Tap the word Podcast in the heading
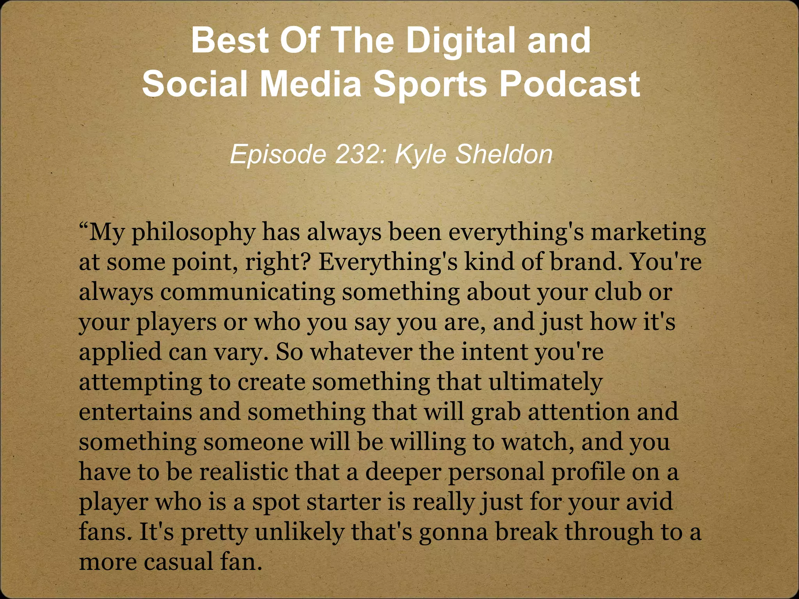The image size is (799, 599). pyautogui.click(x=570, y=84)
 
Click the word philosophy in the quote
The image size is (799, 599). pyautogui.click(x=193, y=233)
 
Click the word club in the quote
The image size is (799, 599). pyautogui.click(x=618, y=292)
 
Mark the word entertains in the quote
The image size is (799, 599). pyautogui.click(x=135, y=412)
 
